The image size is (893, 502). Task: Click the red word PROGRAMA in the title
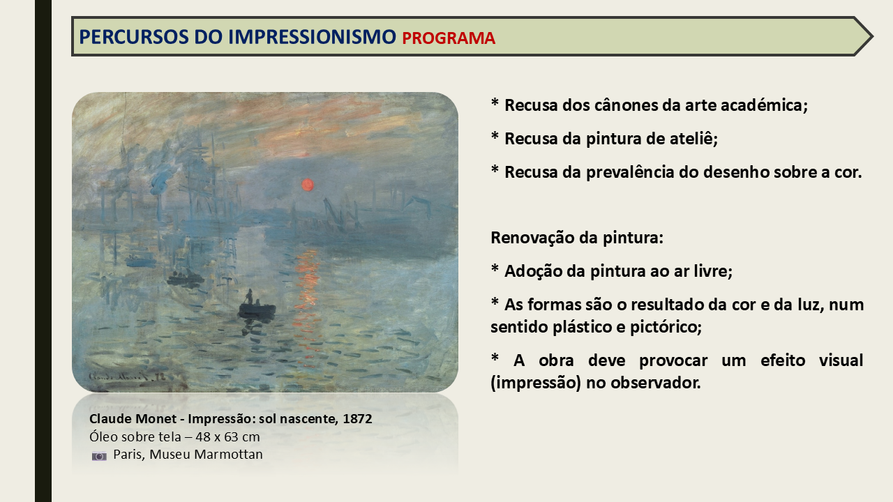coord(449,38)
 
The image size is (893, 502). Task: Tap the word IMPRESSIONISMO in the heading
coord(312,37)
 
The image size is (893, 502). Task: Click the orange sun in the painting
coord(308,185)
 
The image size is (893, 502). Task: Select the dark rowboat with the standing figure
coord(256,306)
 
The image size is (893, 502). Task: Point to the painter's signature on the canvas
coord(126,376)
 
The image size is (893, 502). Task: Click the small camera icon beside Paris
coord(99,456)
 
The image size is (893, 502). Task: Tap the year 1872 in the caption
coord(357,419)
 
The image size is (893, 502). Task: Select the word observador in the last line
coord(655,383)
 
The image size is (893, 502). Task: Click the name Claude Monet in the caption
coord(133,419)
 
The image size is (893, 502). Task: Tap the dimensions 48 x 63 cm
coord(227,436)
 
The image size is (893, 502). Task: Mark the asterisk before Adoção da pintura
coord(495,268)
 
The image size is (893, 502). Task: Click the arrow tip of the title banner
coord(871,36)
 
